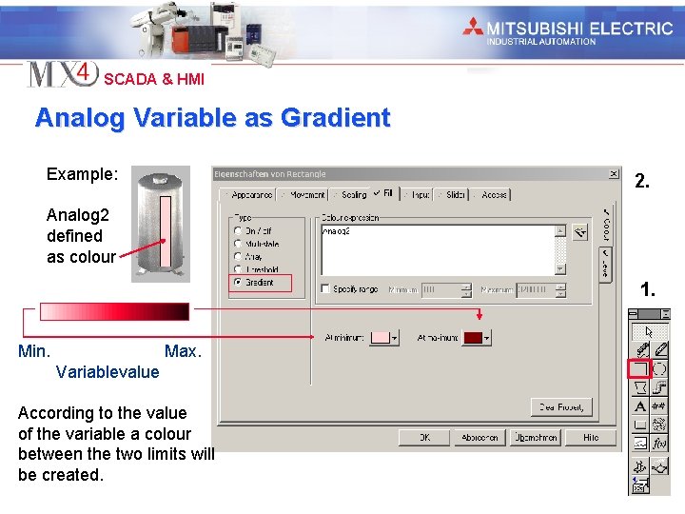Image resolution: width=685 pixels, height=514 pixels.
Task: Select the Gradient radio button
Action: click(238, 283)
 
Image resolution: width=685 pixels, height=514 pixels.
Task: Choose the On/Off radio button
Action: click(238, 230)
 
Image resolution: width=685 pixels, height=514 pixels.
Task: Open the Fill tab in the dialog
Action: click(384, 194)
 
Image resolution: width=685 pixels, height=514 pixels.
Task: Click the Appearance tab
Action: click(249, 194)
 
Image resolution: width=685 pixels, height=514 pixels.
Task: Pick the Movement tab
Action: click(304, 194)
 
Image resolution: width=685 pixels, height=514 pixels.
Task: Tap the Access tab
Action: click(492, 194)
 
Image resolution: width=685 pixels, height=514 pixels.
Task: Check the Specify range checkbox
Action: click(326, 288)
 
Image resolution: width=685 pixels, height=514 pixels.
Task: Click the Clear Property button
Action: click(561, 407)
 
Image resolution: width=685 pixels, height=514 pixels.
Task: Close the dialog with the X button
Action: click(614, 174)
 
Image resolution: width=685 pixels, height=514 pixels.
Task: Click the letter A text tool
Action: click(641, 406)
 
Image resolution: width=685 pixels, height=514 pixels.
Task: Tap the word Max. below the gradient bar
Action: click(183, 351)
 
